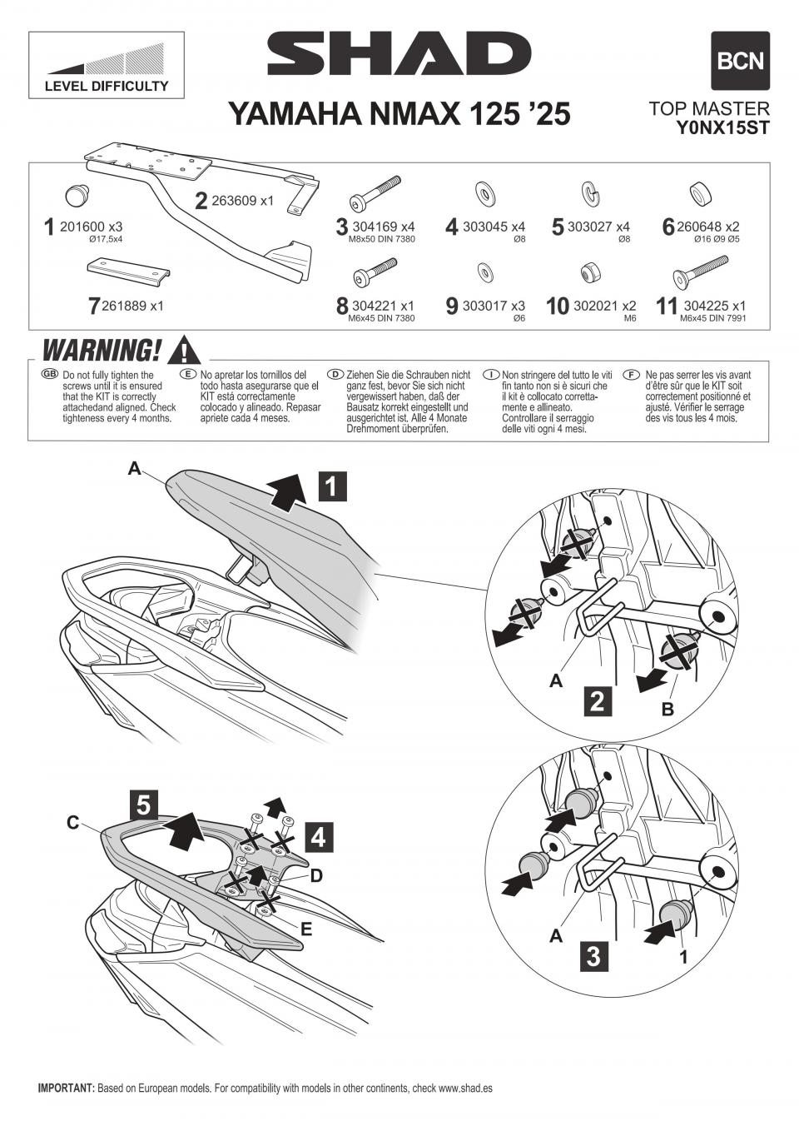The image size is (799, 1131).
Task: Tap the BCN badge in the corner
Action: click(x=740, y=61)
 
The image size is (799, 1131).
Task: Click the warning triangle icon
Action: click(x=184, y=350)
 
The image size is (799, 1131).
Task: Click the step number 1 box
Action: click(x=331, y=485)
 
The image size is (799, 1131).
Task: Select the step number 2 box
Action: click(x=596, y=701)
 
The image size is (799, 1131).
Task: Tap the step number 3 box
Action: click(x=593, y=955)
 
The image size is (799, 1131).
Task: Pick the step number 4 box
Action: click(x=318, y=837)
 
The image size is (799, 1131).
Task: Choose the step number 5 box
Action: click(x=144, y=805)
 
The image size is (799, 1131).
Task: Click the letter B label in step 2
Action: click(x=667, y=710)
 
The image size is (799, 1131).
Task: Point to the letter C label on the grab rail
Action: click(x=73, y=824)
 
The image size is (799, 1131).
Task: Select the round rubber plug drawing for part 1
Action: click(x=77, y=194)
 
